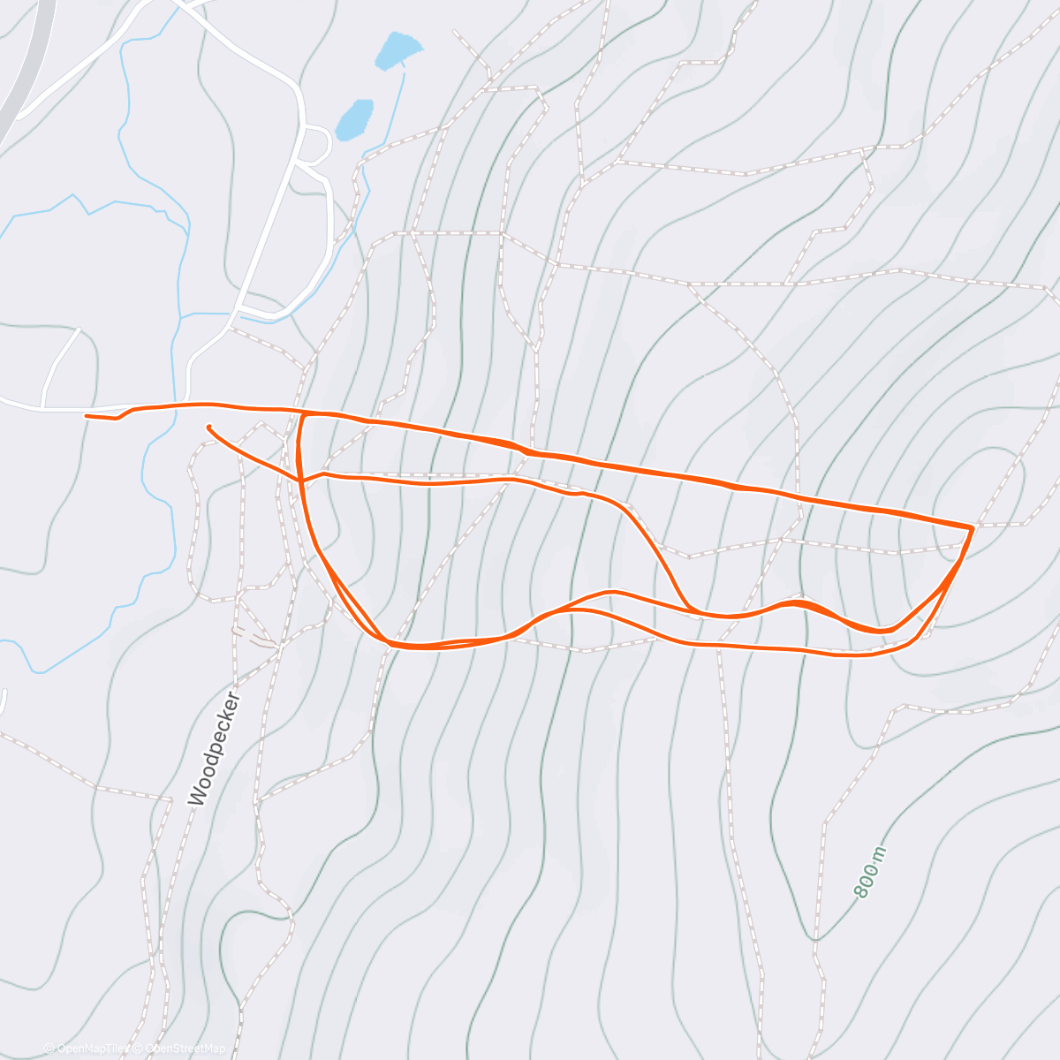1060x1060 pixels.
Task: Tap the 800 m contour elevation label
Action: pyautogui.click(x=870, y=872)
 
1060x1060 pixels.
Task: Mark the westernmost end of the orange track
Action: pyautogui.click(x=87, y=415)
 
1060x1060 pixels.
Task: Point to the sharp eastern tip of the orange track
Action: pyautogui.click(x=972, y=527)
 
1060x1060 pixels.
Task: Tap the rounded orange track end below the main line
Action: pyautogui.click(x=209, y=428)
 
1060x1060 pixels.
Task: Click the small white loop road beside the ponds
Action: pyautogui.click(x=316, y=146)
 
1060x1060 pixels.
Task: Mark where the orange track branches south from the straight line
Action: pyautogui.click(x=303, y=413)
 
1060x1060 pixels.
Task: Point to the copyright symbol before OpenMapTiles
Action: pyautogui.click(x=49, y=1049)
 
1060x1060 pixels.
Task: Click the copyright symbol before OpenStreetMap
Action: pyautogui.click(x=139, y=1049)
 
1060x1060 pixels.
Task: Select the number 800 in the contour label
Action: pyautogui.click(x=867, y=879)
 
